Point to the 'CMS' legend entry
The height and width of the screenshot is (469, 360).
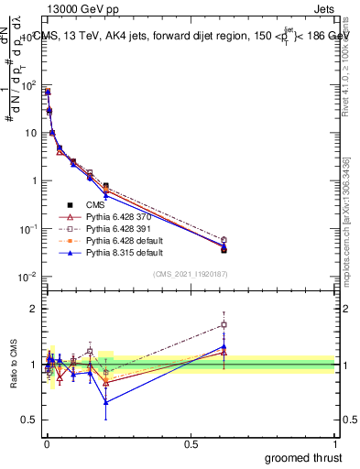pos(97,204)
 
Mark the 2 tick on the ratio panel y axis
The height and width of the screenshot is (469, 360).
pos(34,309)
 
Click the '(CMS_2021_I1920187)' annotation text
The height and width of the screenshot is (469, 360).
pos(191,273)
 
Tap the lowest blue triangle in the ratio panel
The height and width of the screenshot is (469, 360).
pos(106,401)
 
